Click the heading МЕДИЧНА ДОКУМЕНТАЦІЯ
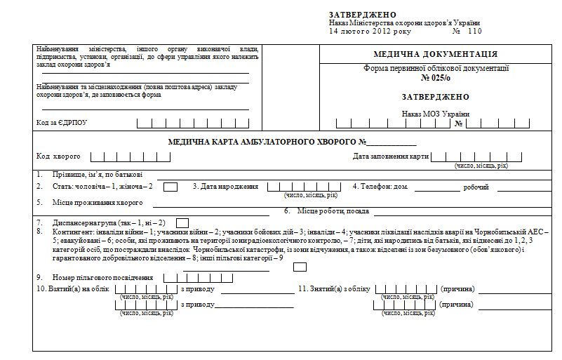pyautogui.click(x=436, y=54)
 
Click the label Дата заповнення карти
pyautogui.click(x=390, y=156)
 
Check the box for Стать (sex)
pyautogui.click(x=170, y=187)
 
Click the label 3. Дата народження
pyautogui.click(x=225, y=187)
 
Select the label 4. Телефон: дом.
pyautogui.click(x=381, y=187)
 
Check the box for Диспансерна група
pyautogui.click(x=182, y=222)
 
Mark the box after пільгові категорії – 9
pyautogui.click(x=300, y=267)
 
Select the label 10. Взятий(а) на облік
pyautogui.click(x=72, y=289)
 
